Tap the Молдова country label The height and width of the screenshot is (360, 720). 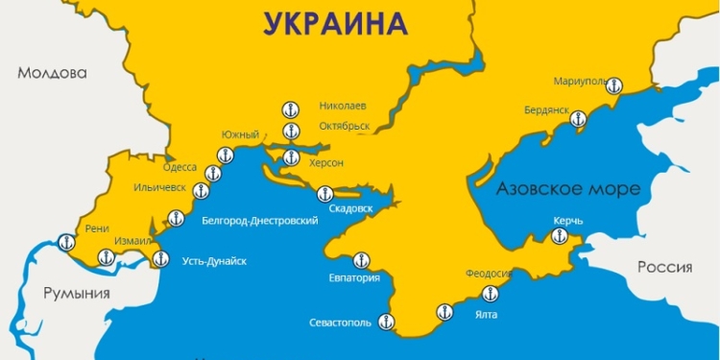54,73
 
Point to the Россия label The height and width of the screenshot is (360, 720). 665,267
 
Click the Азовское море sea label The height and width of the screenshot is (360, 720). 567,189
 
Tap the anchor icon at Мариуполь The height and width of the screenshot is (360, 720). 615,85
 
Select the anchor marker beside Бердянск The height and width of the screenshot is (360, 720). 577,119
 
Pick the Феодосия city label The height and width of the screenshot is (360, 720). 489,274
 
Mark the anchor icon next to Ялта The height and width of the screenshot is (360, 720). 444,311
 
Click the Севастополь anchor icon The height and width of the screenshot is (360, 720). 386,322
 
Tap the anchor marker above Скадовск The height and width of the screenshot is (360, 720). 323,196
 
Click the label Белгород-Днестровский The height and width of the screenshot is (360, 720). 259,220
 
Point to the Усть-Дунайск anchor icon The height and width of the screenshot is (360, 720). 160,258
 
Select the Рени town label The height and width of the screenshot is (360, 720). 98,228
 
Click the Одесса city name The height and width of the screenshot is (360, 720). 180,167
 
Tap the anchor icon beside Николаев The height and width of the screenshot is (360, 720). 290,108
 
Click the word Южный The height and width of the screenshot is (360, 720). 240,134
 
